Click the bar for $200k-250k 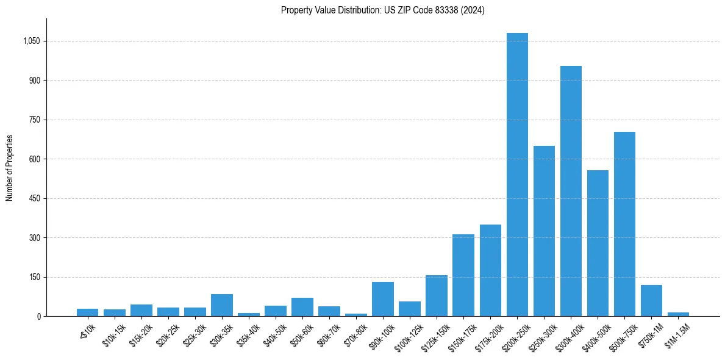point(517,175)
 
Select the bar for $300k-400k point(571,191)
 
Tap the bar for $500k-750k point(624,224)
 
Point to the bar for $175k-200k point(490,270)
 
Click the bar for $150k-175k point(463,275)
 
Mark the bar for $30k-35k point(222,305)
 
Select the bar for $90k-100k point(383,299)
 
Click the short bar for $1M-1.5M point(678,314)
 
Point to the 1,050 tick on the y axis point(31,41)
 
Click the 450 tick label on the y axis point(34,198)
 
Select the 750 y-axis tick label point(34,120)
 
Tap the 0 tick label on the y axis point(38,316)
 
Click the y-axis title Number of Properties point(10,168)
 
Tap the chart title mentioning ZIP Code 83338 point(383,10)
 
